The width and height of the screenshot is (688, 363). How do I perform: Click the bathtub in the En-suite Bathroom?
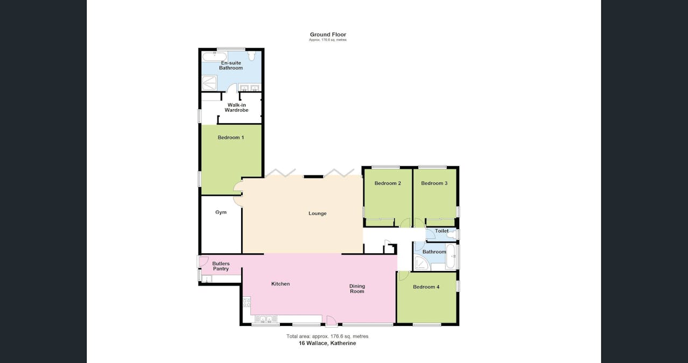(214, 56)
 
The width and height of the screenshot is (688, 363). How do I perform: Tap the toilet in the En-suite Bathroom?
(251, 56)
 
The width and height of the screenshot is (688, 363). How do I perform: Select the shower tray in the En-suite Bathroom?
(209, 82)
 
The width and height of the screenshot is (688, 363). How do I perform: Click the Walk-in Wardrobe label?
(236, 108)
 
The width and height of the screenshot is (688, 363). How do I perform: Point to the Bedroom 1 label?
(230, 138)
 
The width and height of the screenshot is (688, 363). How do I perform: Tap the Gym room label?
(221, 212)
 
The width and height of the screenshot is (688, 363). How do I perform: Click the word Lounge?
(317, 213)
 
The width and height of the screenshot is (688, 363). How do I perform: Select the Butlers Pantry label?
(221, 266)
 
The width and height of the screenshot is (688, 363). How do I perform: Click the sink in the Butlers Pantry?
(207, 279)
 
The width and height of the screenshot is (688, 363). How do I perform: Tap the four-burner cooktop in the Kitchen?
(247, 303)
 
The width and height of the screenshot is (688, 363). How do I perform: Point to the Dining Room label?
(357, 289)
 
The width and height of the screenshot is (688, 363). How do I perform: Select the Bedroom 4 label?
(426, 287)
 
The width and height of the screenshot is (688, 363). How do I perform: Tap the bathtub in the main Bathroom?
(451, 257)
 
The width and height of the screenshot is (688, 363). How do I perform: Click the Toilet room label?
(441, 231)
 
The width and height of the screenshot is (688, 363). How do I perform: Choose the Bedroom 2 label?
(388, 183)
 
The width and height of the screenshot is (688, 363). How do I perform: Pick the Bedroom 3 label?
(434, 183)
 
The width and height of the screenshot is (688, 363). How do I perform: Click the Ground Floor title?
(328, 34)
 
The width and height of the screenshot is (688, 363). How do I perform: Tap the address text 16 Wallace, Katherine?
(327, 343)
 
